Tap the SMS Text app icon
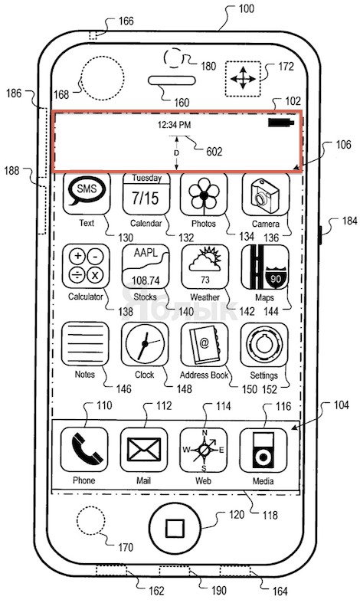point(87,193)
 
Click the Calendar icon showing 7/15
point(146,193)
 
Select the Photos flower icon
point(204,193)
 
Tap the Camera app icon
point(265,194)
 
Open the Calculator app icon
point(86,266)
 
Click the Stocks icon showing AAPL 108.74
point(146,266)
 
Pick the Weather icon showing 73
point(205,267)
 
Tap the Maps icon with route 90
point(265,267)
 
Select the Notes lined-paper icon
point(85,344)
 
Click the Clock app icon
point(145,344)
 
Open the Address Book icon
point(205,344)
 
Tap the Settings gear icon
point(264,345)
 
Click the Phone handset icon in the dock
point(84,450)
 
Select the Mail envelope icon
point(144,450)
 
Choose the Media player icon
point(263,451)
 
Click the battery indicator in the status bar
point(281,123)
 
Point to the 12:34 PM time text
point(174,125)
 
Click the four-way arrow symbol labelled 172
point(243,79)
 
